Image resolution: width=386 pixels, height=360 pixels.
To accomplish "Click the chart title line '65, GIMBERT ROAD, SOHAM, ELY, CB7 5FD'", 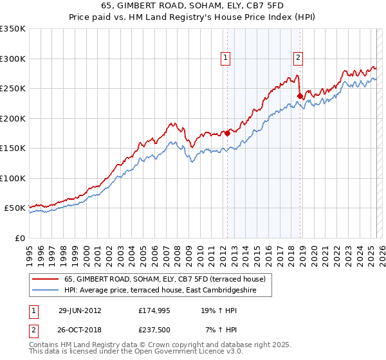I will point(192,4).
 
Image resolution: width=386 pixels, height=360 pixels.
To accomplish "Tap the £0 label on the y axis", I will point(20,238).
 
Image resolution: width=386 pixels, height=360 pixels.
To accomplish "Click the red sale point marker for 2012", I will point(227,134).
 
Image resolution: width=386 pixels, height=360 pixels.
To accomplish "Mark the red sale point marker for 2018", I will point(300,96).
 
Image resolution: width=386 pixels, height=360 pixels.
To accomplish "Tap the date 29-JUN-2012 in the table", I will point(80,310).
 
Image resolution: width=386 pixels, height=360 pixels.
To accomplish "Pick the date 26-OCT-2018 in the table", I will point(80,329).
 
